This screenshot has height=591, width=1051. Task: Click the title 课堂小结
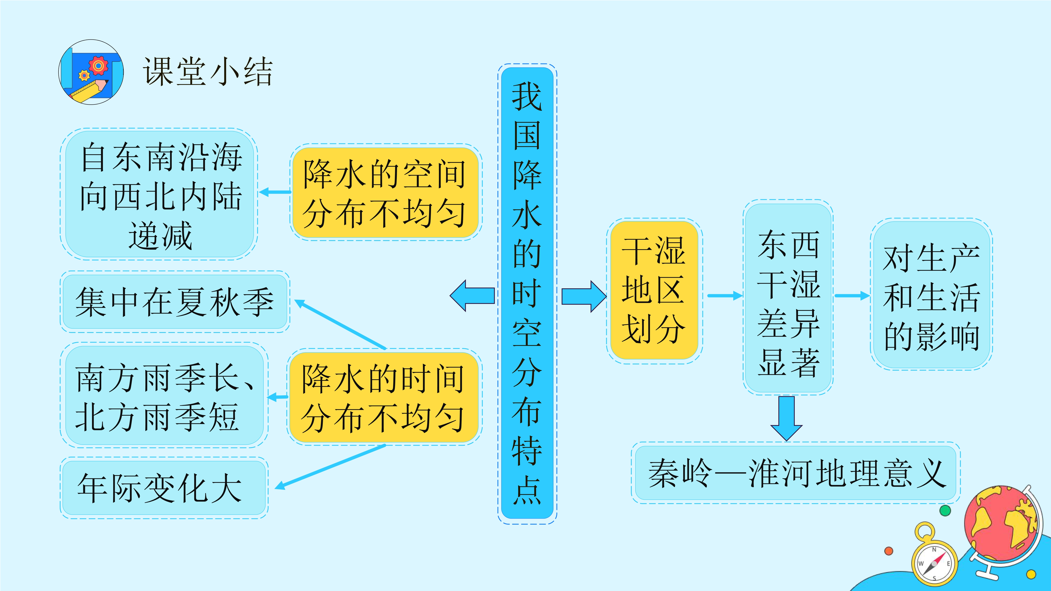207,72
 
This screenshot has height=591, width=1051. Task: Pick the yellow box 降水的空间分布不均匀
386,193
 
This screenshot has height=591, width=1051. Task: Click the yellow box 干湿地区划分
654,290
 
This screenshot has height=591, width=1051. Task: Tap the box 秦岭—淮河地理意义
796,473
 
